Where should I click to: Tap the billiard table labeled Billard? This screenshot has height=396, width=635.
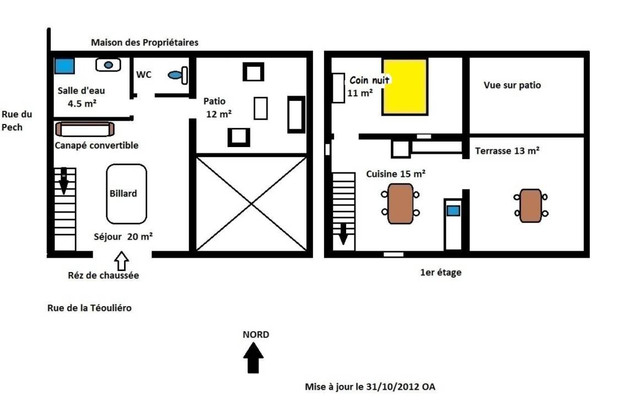(x=126, y=194)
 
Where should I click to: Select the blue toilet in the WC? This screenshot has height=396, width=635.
(x=178, y=75)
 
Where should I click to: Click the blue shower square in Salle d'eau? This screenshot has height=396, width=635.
(x=64, y=66)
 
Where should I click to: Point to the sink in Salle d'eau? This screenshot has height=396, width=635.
(x=108, y=65)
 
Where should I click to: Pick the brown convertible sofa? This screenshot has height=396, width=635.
(x=85, y=129)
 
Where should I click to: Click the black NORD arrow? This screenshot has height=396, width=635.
(x=254, y=357)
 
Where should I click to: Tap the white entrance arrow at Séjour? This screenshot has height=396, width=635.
(x=121, y=261)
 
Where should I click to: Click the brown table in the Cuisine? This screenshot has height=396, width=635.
(x=401, y=204)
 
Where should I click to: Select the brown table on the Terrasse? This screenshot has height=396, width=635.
(x=530, y=205)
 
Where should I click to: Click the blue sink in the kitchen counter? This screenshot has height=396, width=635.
(x=453, y=211)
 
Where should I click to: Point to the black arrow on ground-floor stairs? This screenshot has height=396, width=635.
(x=63, y=181)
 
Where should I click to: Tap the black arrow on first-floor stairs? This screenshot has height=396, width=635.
(x=343, y=234)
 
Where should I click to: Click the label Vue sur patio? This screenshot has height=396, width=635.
(x=512, y=85)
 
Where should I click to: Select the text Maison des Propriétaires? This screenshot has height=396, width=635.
(x=144, y=42)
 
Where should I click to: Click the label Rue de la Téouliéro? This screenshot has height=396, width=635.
(x=89, y=308)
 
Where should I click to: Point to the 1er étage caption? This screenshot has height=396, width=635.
(x=440, y=272)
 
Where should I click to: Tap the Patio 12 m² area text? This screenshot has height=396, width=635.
(x=218, y=107)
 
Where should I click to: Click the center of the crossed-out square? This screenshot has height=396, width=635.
(x=251, y=203)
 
